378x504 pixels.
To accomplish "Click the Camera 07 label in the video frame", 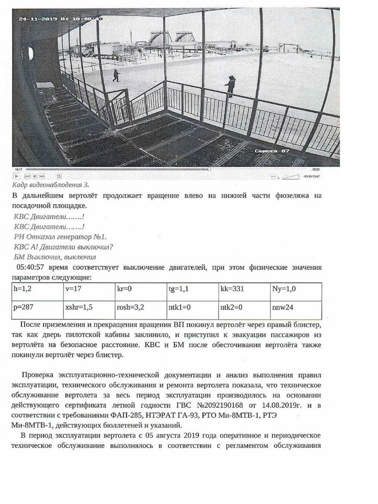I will tap(272, 152).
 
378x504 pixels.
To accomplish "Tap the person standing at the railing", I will tap(231, 85).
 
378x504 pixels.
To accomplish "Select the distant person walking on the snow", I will tap(116, 76).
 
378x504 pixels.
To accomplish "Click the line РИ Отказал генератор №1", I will tap(60, 237).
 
